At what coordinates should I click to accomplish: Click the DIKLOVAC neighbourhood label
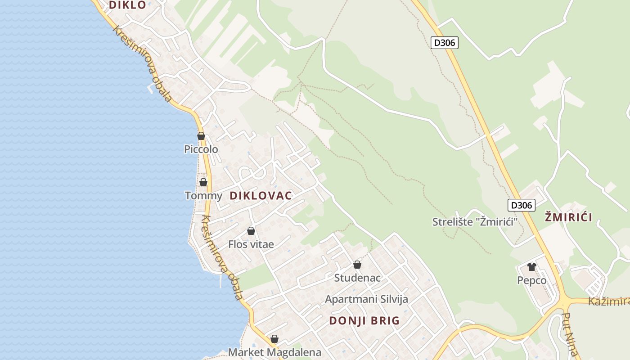coord(261,196)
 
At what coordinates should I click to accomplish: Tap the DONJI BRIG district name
coord(364,321)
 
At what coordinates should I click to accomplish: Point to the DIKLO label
coord(128,5)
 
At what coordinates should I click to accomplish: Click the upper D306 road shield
coord(444,43)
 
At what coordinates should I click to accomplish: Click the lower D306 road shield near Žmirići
coord(522,205)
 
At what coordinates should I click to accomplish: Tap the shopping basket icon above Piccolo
coord(201,136)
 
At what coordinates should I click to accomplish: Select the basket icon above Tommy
coord(203,182)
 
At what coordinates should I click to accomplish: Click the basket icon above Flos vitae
coord(251,231)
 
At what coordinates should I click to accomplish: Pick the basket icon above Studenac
coord(357,265)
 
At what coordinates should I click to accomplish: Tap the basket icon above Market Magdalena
coord(274,339)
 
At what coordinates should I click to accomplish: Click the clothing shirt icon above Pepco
coord(532,267)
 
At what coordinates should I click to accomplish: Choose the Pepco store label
coord(532,281)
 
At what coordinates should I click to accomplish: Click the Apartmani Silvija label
coord(366,299)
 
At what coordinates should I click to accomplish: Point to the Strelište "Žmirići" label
coord(475,222)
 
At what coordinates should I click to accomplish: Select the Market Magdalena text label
coord(274,352)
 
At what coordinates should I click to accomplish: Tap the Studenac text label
coord(357,278)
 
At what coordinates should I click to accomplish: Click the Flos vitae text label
coord(251,244)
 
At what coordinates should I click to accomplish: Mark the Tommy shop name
coord(203,196)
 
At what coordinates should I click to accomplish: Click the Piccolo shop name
coord(201,149)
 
